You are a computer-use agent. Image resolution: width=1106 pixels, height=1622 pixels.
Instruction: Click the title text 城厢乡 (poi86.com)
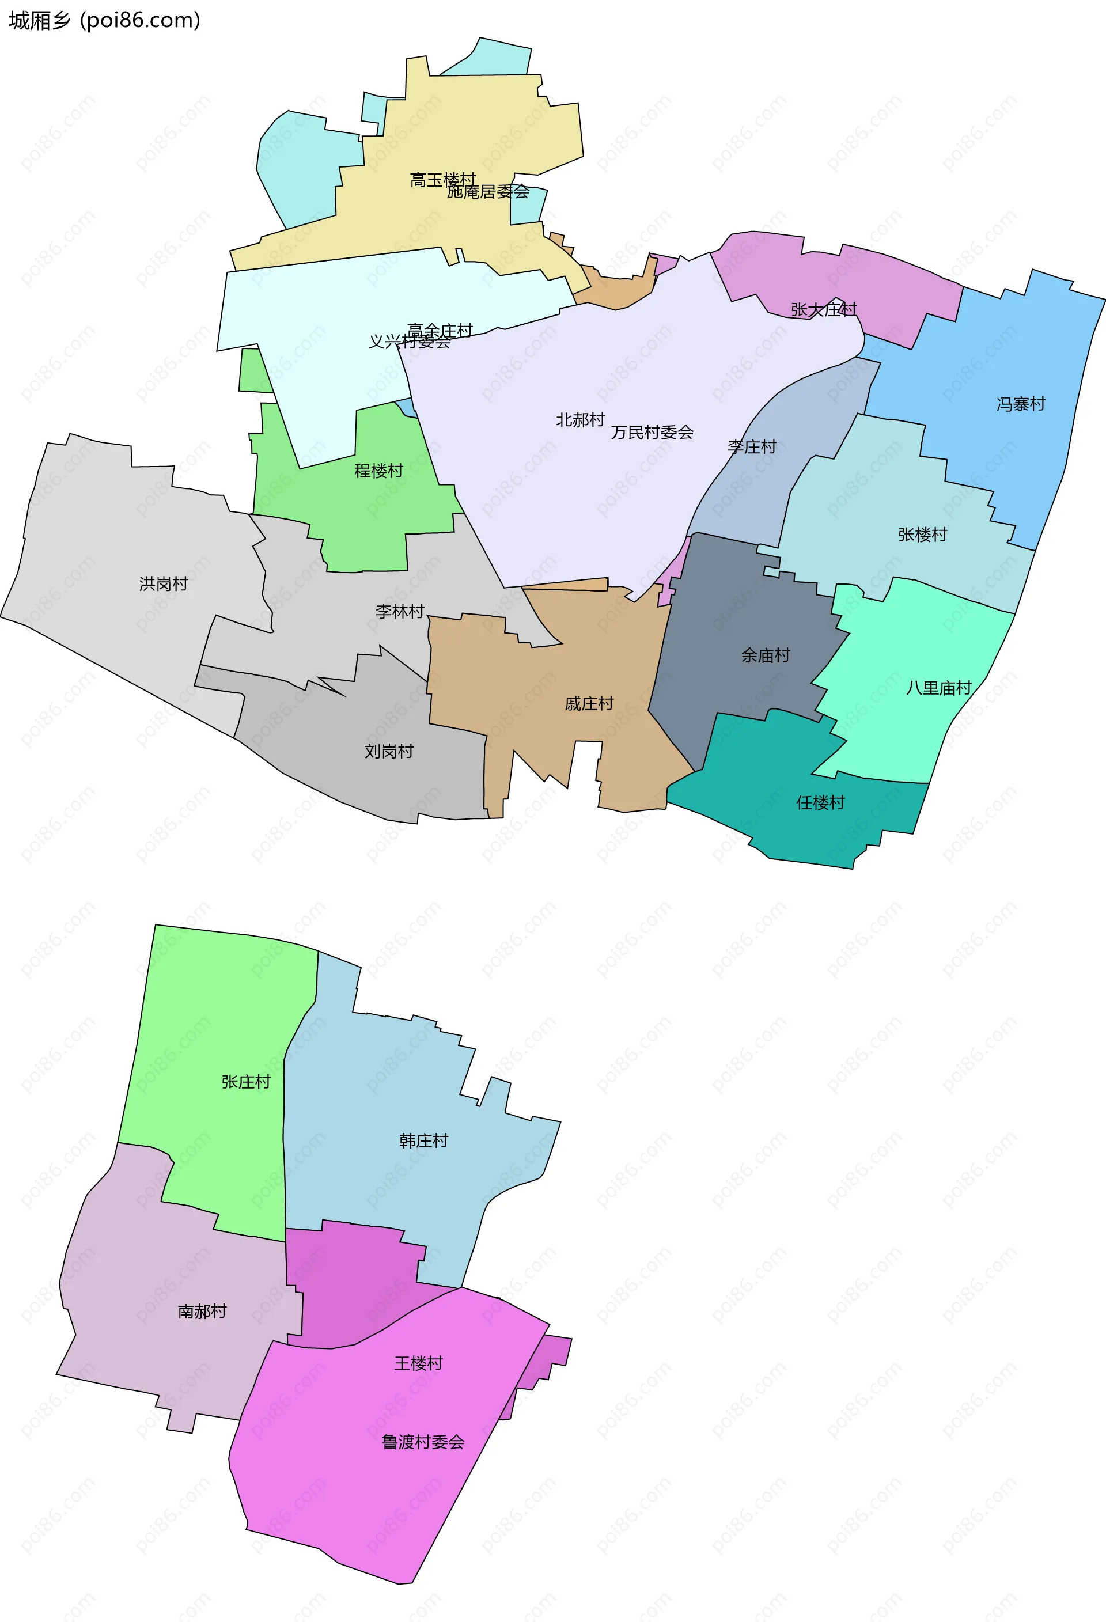pyautogui.click(x=105, y=20)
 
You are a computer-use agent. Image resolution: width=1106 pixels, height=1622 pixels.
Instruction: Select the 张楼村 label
pyautogui.click(x=922, y=535)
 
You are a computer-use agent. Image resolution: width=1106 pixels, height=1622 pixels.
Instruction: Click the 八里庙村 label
pyautogui.click(x=938, y=688)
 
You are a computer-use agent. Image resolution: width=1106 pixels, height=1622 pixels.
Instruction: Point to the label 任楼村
pyautogui.click(x=821, y=802)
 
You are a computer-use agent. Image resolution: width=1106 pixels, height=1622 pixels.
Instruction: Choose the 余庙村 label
pyautogui.click(x=766, y=655)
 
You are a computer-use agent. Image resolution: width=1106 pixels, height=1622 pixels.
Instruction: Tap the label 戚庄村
pyautogui.click(x=589, y=703)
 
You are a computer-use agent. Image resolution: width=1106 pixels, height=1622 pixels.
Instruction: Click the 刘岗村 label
pyautogui.click(x=389, y=752)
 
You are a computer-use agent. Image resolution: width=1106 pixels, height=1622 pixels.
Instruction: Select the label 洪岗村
pyautogui.click(x=163, y=583)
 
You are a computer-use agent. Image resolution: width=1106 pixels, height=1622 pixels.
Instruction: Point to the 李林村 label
pyautogui.click(x=400, y=611)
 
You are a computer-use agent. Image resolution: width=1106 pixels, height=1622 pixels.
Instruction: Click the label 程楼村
pyautogui.click(x=378, y=471)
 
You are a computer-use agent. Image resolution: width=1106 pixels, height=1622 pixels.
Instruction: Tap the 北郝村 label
pyautogui.click(x=580, y=420)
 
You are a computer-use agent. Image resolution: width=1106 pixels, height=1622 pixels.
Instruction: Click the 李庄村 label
pyautogui.click(x=752, y=446)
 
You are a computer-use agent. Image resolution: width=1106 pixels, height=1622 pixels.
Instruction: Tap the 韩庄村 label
pyautogui.click(x=423, y=1140)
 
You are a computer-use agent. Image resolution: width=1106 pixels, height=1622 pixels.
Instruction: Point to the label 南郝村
pyautogui.click(x=202, y=1312)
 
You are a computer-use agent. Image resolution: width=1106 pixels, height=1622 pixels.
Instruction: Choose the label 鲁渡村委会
pyautogui.click(x=423, y=1442)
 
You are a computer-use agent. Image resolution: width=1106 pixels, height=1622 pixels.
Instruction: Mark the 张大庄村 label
pyautogui.click(x=823, y=309)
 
